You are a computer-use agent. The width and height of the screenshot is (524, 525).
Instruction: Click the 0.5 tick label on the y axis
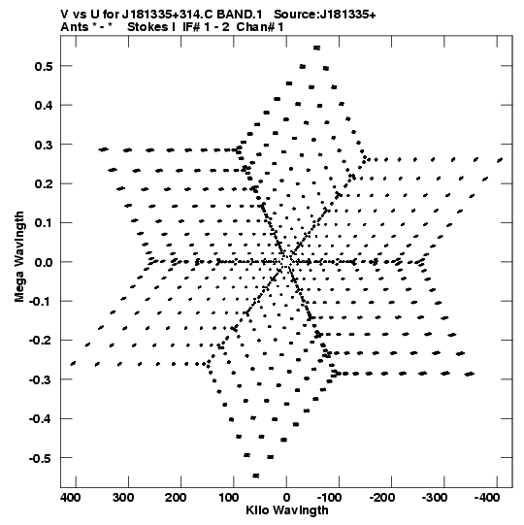(44, 66)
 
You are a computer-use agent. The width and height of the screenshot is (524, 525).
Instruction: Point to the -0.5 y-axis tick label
(41, 458)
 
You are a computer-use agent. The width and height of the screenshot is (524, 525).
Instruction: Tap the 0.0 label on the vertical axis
(44, 262)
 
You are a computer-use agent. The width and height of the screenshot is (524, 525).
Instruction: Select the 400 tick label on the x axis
(70, 498)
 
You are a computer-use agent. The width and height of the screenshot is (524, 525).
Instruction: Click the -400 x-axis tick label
(487, 498)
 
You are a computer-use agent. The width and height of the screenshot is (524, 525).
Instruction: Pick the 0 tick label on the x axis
(286, 498)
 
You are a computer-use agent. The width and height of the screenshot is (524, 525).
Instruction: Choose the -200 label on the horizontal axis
(382, 498)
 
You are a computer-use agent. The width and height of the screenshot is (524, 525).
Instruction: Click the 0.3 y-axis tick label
(44, 145)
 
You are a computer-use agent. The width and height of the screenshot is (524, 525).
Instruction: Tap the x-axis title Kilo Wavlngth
(287, 510)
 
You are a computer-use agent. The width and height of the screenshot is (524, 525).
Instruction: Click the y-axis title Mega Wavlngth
(19, 257)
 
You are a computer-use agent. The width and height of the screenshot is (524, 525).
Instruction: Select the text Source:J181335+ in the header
(325, 15)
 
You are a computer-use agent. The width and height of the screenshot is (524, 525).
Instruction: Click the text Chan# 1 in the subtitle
(260, 27)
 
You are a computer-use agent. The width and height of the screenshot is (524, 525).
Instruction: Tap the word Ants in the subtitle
(74, 27)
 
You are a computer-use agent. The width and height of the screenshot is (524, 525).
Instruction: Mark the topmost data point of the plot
(316, 48)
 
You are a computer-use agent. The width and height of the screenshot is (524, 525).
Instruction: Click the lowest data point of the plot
(256, 476)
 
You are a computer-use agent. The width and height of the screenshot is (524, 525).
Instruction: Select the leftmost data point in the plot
(73, 364)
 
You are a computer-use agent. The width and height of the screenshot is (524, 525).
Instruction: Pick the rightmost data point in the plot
(500, 160)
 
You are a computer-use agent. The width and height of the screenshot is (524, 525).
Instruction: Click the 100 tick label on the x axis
(228, 498)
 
